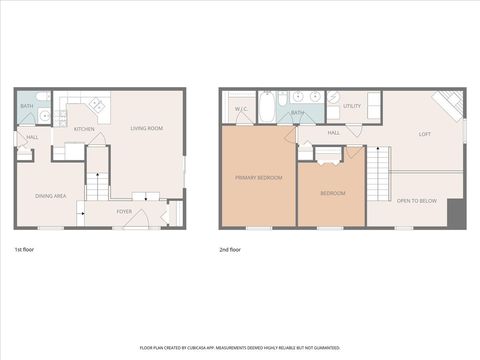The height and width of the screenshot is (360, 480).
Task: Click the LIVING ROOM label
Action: tap(148, 128)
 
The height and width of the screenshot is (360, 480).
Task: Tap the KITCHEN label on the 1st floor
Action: tap(84, 129)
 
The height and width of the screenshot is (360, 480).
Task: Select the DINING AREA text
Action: tap(50, 196)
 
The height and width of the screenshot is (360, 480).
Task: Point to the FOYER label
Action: tap(124, 212)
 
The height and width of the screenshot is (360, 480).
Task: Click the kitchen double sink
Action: tap(98, 104)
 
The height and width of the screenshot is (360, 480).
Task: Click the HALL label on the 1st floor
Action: tap(32, 137)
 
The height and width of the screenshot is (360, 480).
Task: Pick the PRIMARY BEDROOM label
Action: tap(258, 177)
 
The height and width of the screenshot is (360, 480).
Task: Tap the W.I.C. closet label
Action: tap(241, 108)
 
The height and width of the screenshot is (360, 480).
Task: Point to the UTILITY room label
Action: tap(352, 105)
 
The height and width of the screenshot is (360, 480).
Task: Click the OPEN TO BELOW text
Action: tap(416, 201)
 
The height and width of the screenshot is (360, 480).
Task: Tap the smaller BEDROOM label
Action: tap(333, 192)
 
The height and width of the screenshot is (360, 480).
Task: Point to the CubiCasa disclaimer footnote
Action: tap(240, 347)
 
